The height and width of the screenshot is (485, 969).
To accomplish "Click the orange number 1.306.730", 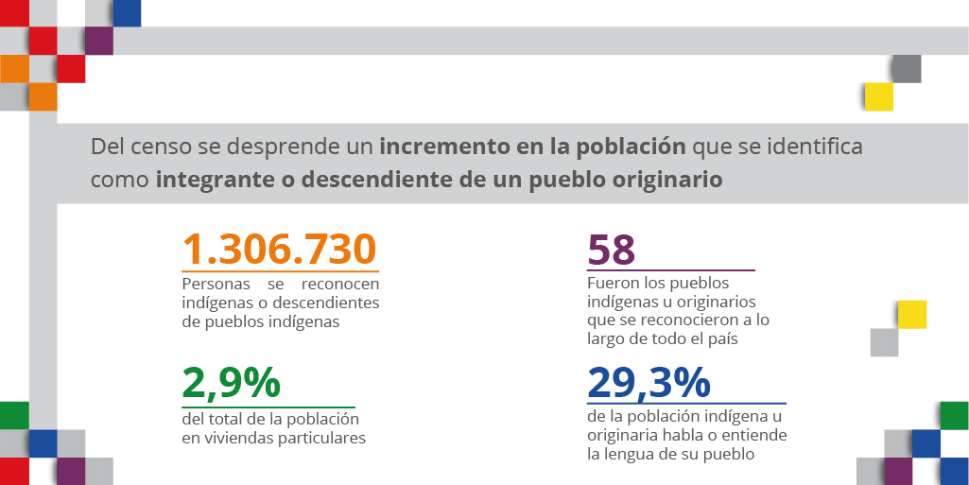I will [280, 250].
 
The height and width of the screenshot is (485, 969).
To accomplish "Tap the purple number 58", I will [611, 251].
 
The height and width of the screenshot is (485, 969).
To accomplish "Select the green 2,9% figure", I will [231, 382].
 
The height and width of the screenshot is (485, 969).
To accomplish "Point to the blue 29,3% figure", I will [649, 382].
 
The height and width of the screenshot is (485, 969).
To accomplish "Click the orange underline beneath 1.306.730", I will [280, 271].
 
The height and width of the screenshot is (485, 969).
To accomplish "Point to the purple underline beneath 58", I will [671, 270].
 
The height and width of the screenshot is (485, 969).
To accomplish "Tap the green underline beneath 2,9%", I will [268, 407].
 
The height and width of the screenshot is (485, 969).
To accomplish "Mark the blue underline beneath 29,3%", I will [686, 404].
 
